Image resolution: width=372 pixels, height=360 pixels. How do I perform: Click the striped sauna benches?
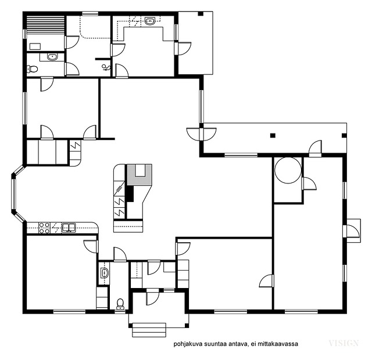(x=45, y=26)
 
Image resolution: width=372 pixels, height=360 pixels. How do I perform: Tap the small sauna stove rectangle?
(x=35, y=46)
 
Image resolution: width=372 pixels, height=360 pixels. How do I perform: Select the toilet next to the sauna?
(x=33, y=69)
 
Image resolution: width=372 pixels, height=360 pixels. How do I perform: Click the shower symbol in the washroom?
(x=106, y=68)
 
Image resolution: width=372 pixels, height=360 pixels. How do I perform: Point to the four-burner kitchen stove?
(x=44, y=228)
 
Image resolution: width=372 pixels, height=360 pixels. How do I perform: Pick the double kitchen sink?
(x=69, y=228)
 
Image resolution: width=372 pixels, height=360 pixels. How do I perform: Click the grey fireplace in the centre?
(x=139, y=175)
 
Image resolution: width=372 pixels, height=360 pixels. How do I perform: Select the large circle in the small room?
(x=288, y=170)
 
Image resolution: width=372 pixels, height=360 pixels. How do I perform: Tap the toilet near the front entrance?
(x=120, y=304)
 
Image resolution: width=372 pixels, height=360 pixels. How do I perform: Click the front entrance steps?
(x=149, y=330)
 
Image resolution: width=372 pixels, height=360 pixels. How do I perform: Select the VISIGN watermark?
(x=344, y=343)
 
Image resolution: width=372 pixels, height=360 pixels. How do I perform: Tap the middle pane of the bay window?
(x=13, y=195)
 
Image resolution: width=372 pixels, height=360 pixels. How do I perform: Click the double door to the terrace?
(x=202, y=134)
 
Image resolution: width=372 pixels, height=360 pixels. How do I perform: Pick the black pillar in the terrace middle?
(x=273, y=135)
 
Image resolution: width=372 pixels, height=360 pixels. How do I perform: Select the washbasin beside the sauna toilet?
(x=52, y=57)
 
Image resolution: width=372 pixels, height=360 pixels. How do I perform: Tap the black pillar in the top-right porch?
(x=201, y=13)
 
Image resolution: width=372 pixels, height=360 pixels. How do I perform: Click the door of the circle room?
(x=309, y=183)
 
